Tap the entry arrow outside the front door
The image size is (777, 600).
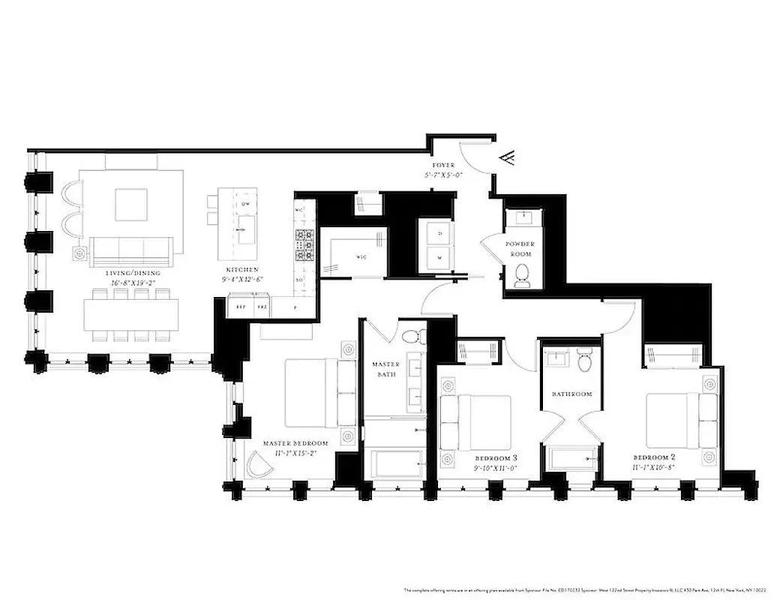pos(507,157)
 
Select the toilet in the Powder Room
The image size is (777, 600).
pos(523,275)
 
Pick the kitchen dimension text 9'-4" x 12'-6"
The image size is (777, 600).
pos(241,279)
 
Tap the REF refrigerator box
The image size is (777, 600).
pos(240,307)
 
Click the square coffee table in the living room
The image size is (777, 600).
pos(131,203)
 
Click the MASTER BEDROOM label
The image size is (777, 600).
pos(295,443)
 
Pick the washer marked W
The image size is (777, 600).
pos(437,257)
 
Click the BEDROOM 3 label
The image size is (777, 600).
pos(496,457)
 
